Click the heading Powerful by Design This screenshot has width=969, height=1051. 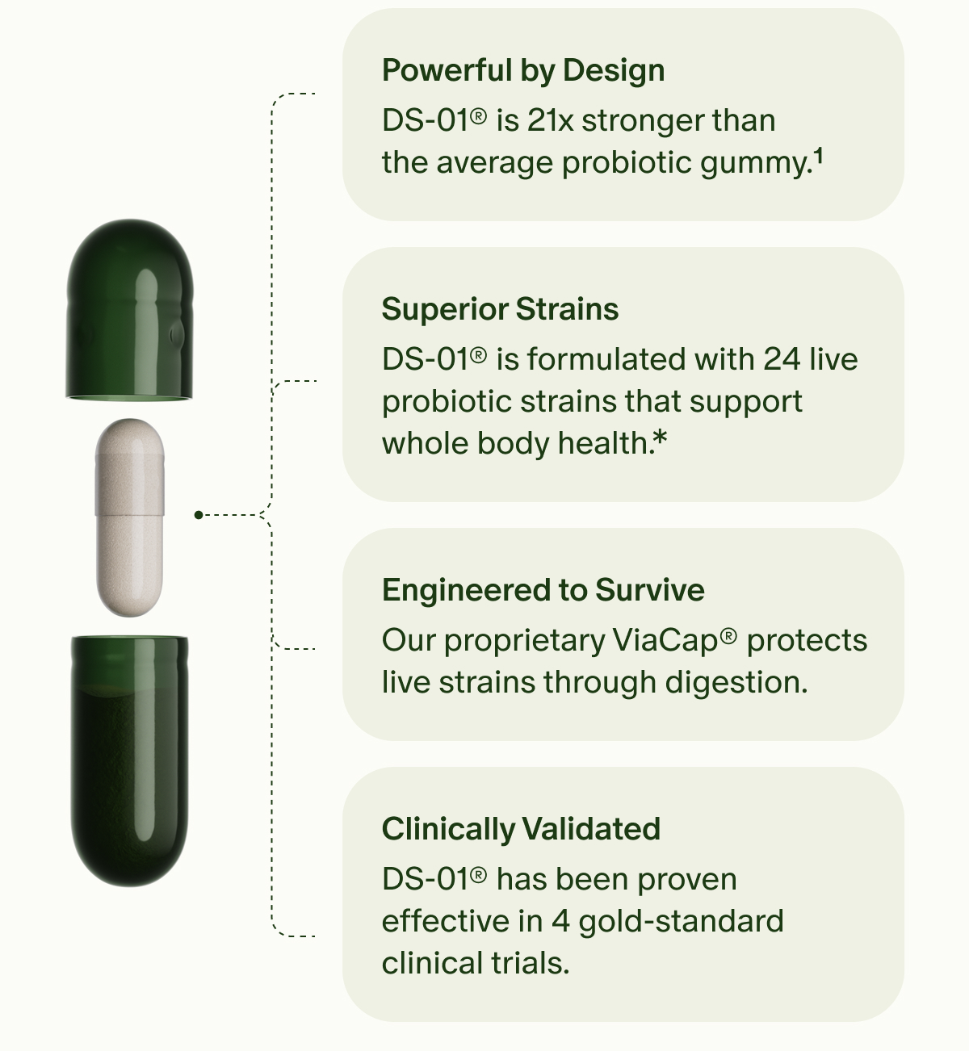pyautogui.click(x=523, y=71)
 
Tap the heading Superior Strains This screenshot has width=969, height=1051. pyautogui.click(x=500, y=309)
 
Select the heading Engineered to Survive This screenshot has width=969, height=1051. pyautogui.click(x=543, y=590)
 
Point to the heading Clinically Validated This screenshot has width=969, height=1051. pyautogui.click(x=521, y=829)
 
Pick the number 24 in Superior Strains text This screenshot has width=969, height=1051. pyautogui.click(x=782, y=359)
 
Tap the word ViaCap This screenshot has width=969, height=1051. pyautogui.click(x=665, y=641)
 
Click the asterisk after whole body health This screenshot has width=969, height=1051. pyautogui.click(x=661, y=438)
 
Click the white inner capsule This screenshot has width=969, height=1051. pyautogui.click(x=130, y=517)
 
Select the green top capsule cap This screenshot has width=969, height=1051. pyautogui.click(x=130, y=311)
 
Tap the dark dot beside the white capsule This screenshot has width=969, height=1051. pyautogui.click(x=199, y=514)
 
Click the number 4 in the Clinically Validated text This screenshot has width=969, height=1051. pyautogui.click(x=560, y=921)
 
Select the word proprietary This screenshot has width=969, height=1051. pyautogui.click(x=525, y=642)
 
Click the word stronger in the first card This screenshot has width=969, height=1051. pyautogui.click(x=638, y=121)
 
